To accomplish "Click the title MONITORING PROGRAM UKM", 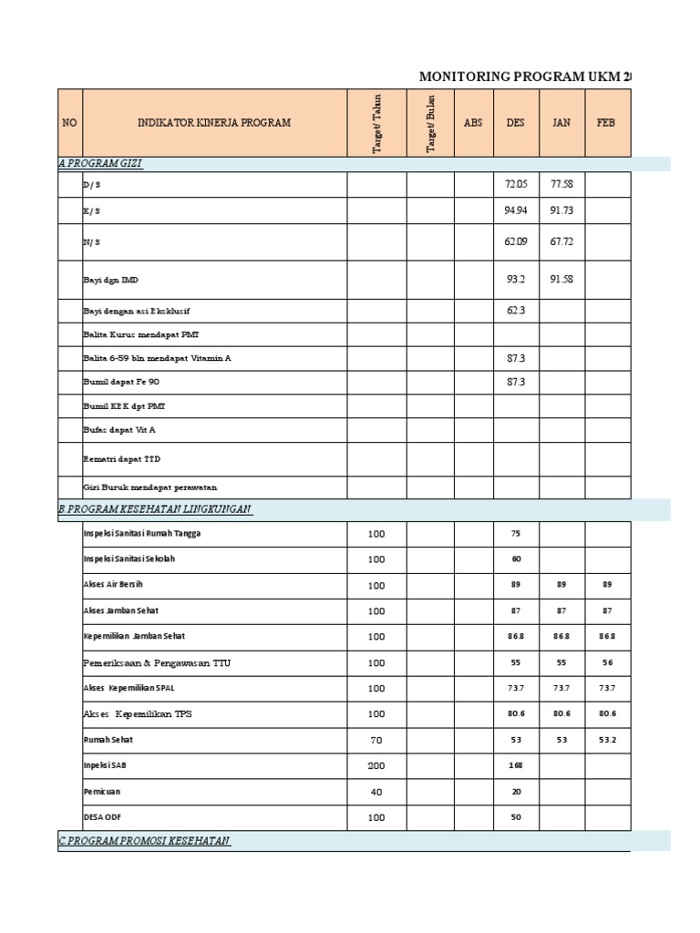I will [x=524, y=77].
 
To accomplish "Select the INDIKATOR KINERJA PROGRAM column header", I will [x=214, y=122].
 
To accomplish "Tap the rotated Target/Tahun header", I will [x=376, y=122].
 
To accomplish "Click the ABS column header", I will [x=473, y=122].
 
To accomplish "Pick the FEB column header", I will [x=607, y=122].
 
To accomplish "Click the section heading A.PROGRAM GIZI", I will [x=100, y=163].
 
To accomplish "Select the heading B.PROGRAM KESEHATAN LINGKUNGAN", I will [x=155, y=508].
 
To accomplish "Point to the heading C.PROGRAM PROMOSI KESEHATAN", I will [x=144, y=841].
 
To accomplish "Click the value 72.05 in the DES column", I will [x=516, y=185].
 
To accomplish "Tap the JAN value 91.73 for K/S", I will [x=561, y=210].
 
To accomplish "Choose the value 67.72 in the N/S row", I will [x=561, y=241].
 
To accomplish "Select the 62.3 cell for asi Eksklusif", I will [x=516, y=311].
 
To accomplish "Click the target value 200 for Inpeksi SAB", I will [x=376, y=766].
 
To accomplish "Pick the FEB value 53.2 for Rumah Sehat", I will [x=607, y=740].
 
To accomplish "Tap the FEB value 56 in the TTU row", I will [x=607, y=663].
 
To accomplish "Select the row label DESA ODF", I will [x=101, y=817].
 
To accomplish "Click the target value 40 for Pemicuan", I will [x=376, y=792].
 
